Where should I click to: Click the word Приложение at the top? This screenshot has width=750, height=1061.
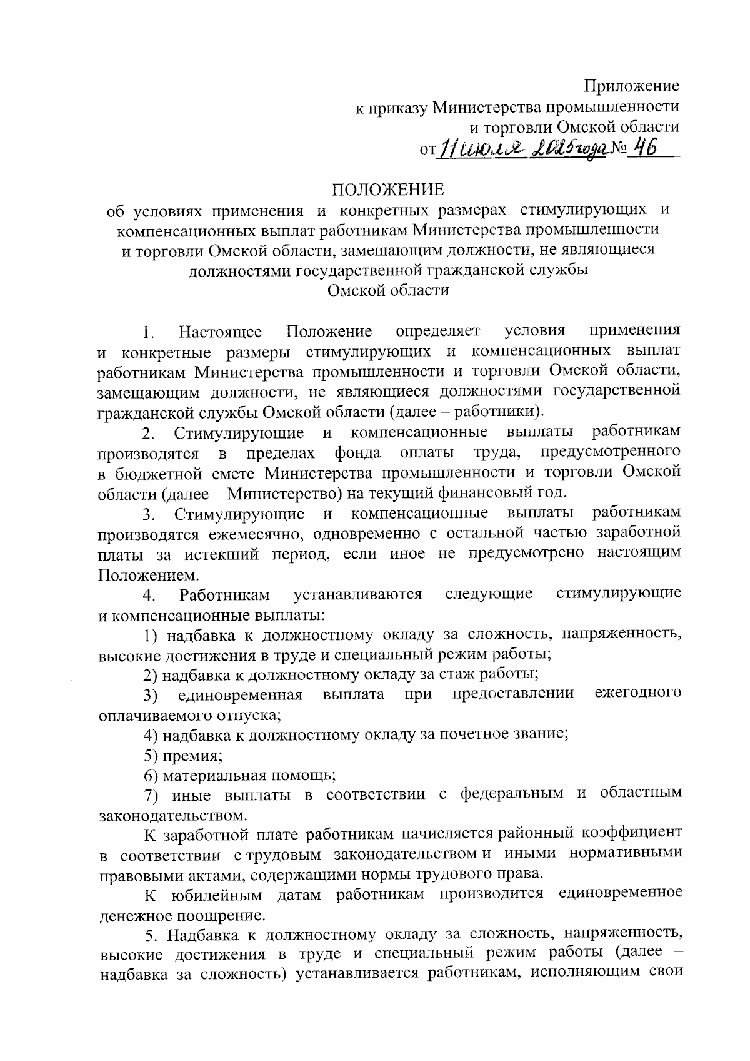(x=632, y=86)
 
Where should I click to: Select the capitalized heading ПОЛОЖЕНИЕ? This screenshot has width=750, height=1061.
(x=387, y=189)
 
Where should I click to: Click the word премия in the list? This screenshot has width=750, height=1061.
(x=192, y=755)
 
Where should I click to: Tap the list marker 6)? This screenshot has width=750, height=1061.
(x=151, y=776)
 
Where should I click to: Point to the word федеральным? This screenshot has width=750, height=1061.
(x=513, y=794)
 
